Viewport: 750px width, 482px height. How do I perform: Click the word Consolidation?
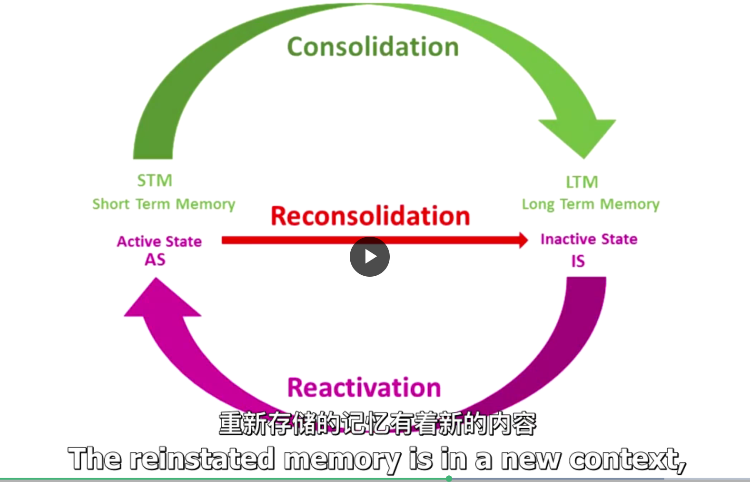[x=373, y=47]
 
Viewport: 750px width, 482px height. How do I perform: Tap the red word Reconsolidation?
[x=370, y=216]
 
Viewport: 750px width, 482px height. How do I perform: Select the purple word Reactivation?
[x=364, y=388]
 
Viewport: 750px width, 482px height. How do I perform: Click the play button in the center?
[x=370, y=257]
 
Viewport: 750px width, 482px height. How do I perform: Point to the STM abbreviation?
[x=155, y=181]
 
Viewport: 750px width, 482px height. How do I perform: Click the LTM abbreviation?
[x=582, y=182]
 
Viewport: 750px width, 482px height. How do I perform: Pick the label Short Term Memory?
[x=164, y=204]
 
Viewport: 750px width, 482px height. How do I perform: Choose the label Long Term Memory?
[x=591, y=204]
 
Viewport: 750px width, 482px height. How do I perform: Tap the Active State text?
[x=159, y=241]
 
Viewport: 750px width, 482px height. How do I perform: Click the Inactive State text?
[x=589, y=239]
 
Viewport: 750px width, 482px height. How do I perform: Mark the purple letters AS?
[x=155, y=260]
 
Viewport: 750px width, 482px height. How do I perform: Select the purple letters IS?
[x=578, y=261]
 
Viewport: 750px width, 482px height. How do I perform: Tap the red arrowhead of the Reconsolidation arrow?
[x=523, y=240]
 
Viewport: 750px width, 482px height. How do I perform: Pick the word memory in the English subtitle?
[x=342, y=460]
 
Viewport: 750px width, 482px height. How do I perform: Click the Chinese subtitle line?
[x=377, y=423]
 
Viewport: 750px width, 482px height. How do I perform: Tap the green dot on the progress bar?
[x=449, y=479]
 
